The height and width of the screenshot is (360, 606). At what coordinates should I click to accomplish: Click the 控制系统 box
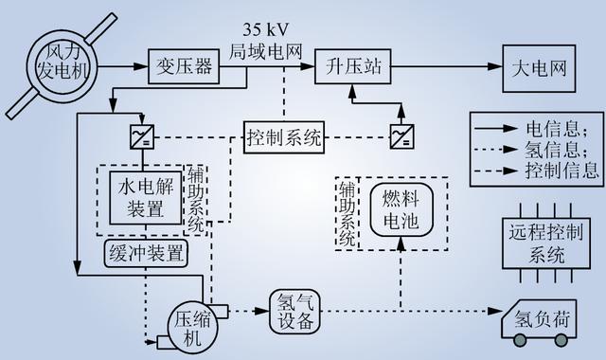(x=284, y=135)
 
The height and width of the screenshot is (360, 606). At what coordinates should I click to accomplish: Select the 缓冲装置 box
(x=144, y=253)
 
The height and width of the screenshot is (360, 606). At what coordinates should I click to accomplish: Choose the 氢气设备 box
(x=295, y=310)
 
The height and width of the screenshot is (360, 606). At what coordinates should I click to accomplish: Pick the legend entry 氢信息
(x=536, y=149)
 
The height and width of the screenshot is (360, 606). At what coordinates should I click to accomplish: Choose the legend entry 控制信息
(x=536, y=171)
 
